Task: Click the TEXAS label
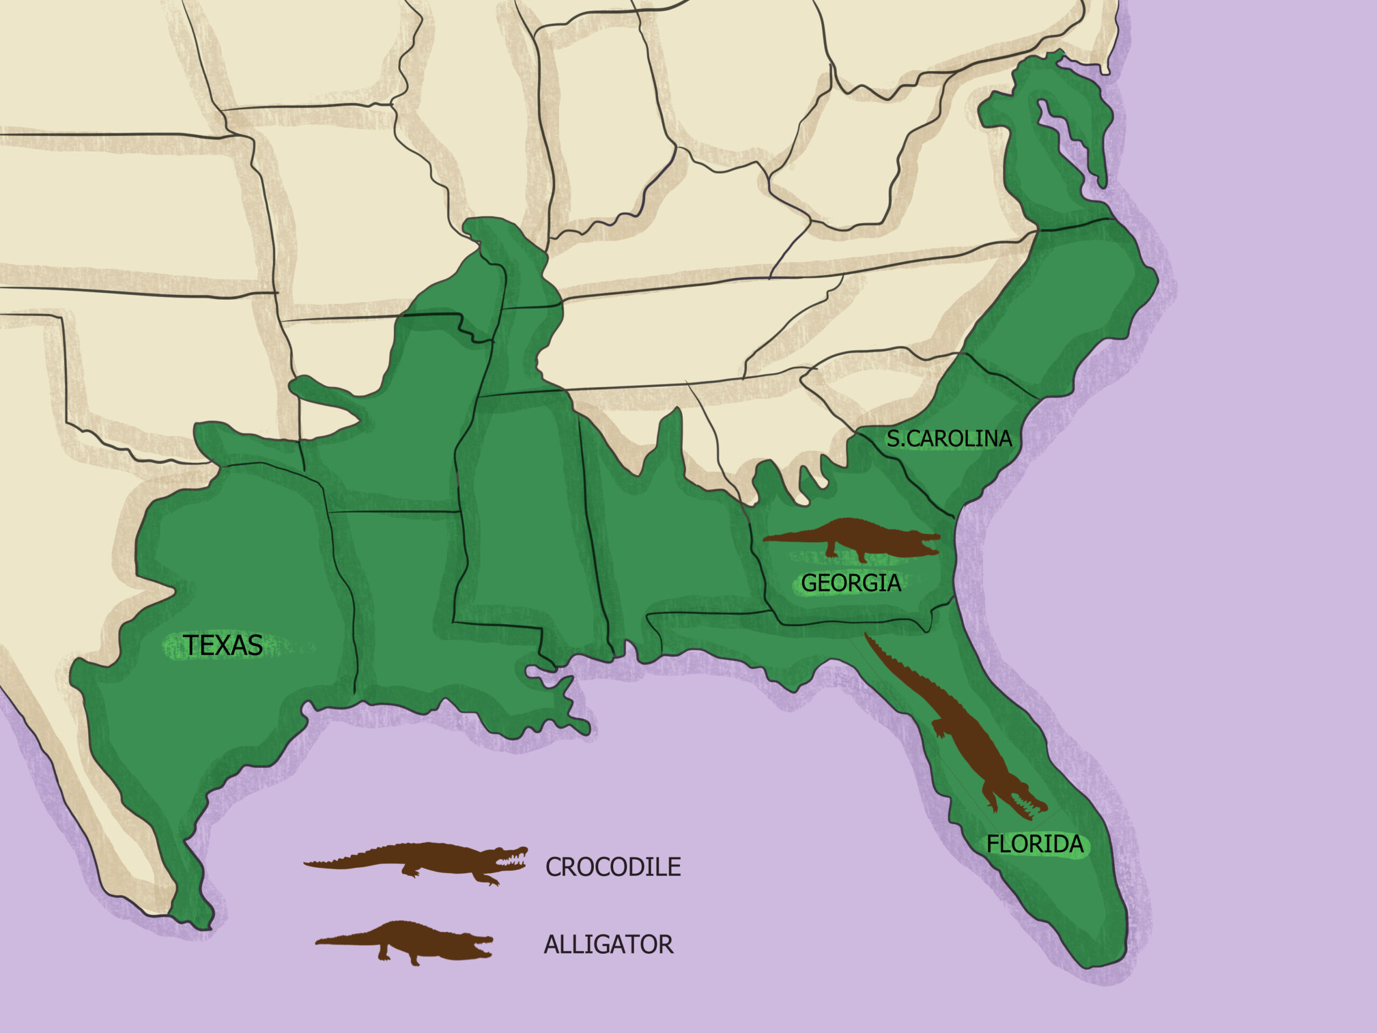tap(222, 646)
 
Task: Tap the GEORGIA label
tap(850, 583)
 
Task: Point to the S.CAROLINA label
tap(949, 439)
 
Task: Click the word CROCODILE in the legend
tap(613, 867)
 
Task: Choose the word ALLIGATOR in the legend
tap(608, 945)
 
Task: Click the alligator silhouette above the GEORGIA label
tap(859, 537)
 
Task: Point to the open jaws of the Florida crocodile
tap(1030, 807)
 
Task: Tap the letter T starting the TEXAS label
tap(190, 646)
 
